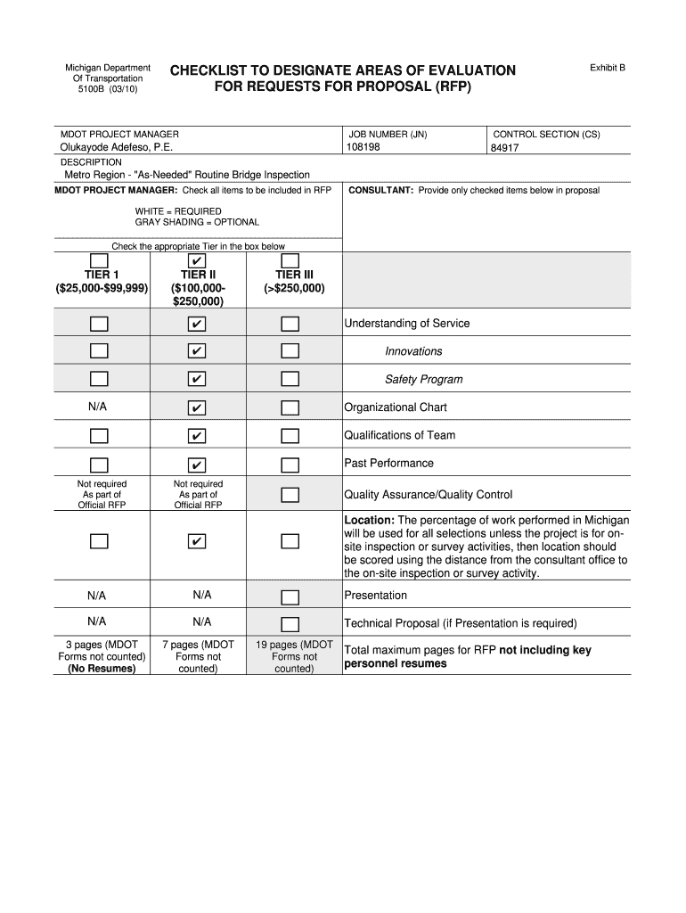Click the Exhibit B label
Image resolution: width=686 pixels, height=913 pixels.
[x=608, y=67]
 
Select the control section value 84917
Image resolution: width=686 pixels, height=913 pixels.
[x=505, y=149]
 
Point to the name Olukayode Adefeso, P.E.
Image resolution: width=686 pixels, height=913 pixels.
[x=117, y=147]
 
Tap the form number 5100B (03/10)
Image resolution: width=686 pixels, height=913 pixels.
[x=107, y=90]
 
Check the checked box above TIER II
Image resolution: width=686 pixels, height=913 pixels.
[x=197, y=260]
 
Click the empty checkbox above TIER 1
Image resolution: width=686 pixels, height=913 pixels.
[x=99, y=260]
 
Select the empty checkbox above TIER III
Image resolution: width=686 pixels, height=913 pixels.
[x=290, y=260]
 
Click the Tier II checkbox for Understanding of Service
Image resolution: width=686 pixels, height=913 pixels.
[x=197, y=323]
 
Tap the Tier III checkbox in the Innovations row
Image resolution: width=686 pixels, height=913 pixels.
[x=290, y=351]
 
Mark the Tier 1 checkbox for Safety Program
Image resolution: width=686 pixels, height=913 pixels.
[x=99, y=379]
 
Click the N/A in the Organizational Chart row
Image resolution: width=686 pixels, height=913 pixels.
[x=98, y=407]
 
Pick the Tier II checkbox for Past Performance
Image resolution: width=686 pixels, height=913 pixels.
[x=197, y=465]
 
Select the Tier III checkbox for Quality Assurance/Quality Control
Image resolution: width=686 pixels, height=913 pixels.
[x=290, y=495]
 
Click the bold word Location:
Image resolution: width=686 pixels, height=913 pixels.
[x=370, y=520]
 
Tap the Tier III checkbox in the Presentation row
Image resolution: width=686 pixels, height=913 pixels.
[x=290, y=596]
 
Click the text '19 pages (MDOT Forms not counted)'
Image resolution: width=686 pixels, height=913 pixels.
[x=294, y=656]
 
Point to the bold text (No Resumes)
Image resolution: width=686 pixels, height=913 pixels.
[x=102, y=669]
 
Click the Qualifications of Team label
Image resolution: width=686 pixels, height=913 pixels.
[x=399, y=435]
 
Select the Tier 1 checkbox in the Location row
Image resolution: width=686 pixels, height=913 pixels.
[x=99, y=541]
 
